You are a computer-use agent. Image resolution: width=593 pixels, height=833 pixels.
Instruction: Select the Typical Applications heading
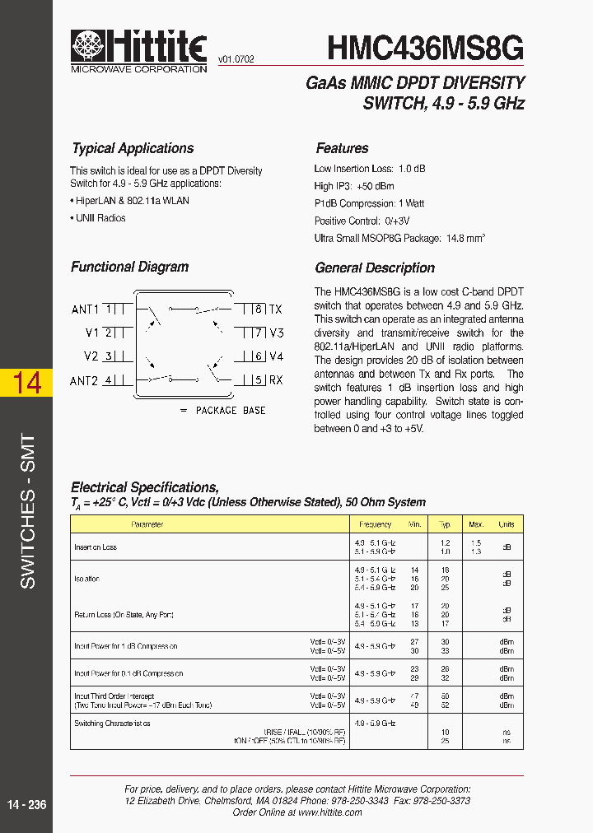(132, 149)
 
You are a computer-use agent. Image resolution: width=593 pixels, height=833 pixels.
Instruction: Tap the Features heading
(342, 149)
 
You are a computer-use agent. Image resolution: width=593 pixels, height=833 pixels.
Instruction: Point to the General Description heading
(375, 268)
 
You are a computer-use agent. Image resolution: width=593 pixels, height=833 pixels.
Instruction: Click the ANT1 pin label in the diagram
(85, 309)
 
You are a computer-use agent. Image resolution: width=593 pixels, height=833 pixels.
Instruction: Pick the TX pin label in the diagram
(276, 309)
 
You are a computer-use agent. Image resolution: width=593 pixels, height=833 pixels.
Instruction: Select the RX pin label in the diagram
(276, 380)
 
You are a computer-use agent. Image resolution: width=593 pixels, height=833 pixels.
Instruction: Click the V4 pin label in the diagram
(277, 356)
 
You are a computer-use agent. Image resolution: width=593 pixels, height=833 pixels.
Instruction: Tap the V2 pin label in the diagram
(91, 356)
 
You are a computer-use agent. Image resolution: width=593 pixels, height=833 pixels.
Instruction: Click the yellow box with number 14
(27, 383)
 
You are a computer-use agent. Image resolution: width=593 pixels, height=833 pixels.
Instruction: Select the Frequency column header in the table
(375, 524)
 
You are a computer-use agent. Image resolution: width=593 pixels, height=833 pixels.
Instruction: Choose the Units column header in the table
(506, 524)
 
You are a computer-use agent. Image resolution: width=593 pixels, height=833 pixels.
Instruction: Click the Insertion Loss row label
(96, 547)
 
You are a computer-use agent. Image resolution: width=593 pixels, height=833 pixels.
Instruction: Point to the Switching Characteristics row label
(112, 724)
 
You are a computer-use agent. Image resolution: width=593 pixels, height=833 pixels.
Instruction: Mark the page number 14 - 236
(27, 804)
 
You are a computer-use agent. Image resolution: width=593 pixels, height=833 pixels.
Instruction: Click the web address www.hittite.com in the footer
(329, 812)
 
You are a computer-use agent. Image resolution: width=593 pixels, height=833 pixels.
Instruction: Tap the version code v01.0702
(236, 59)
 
